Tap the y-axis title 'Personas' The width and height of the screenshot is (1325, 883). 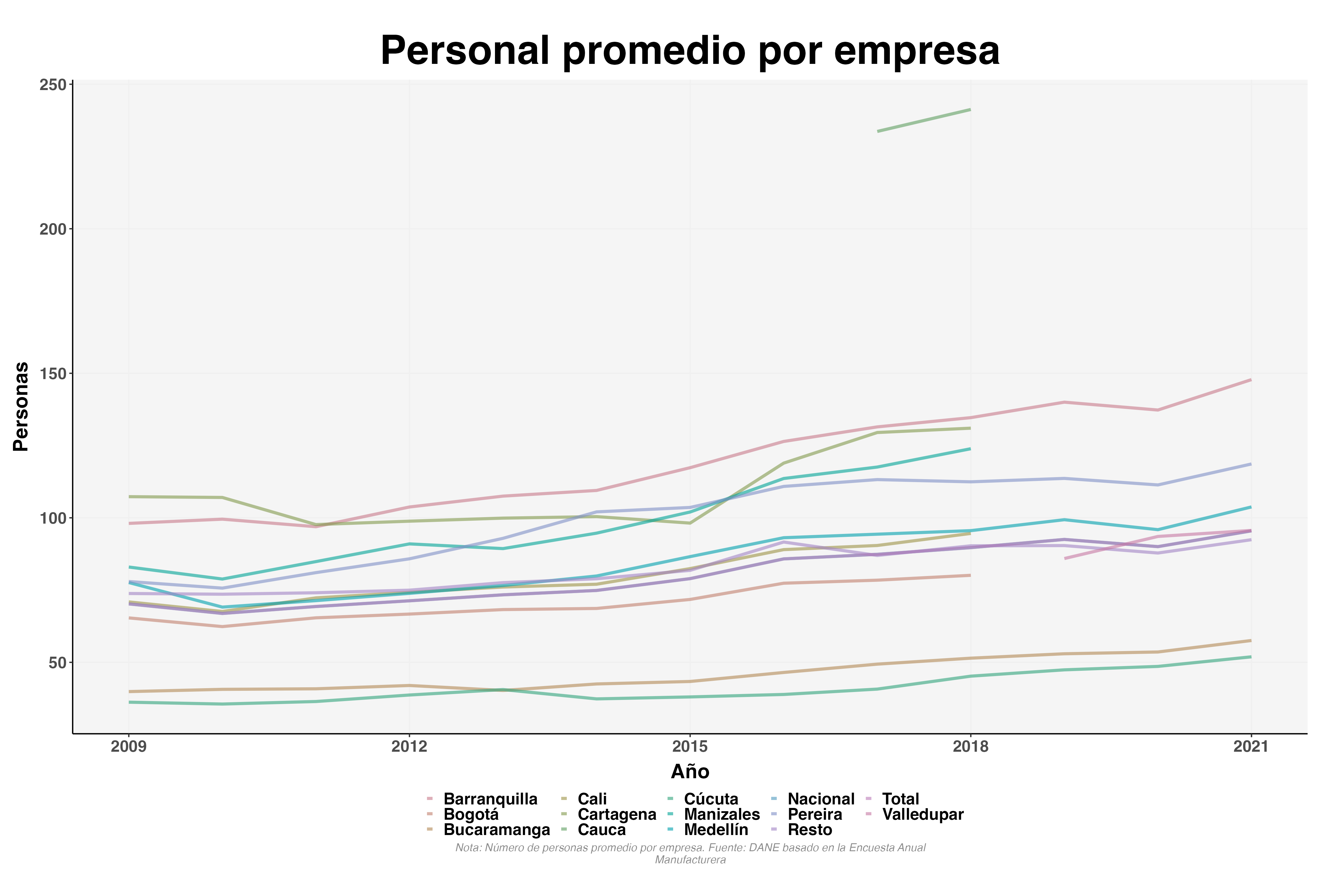click(x=21, y=406)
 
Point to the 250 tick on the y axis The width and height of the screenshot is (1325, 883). click(x=52, y=85)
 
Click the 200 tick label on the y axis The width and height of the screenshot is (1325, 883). click(x=52, y=229)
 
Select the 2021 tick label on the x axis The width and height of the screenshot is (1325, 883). click(x=1251, y=747)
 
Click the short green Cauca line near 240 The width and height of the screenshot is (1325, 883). click(x=924, y=120)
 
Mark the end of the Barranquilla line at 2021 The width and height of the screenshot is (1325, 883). click(x=1250, y=380)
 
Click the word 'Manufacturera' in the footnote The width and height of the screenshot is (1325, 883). click(x=690, y=860)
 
